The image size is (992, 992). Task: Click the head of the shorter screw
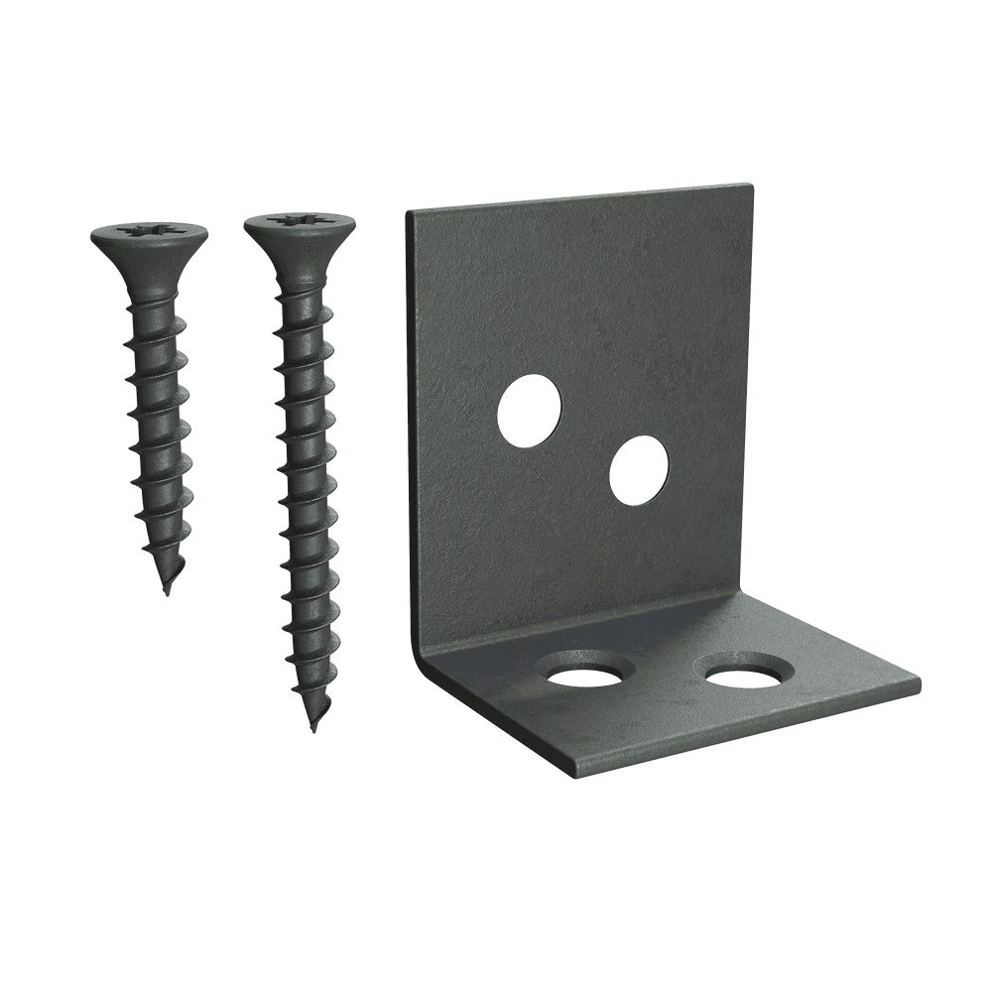tap(149, 237)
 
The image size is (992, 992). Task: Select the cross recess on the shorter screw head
tap(149, 231)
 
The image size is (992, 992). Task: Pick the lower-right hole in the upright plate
tap(639, 468)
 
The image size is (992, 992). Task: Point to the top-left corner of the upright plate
tap(409, 211)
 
